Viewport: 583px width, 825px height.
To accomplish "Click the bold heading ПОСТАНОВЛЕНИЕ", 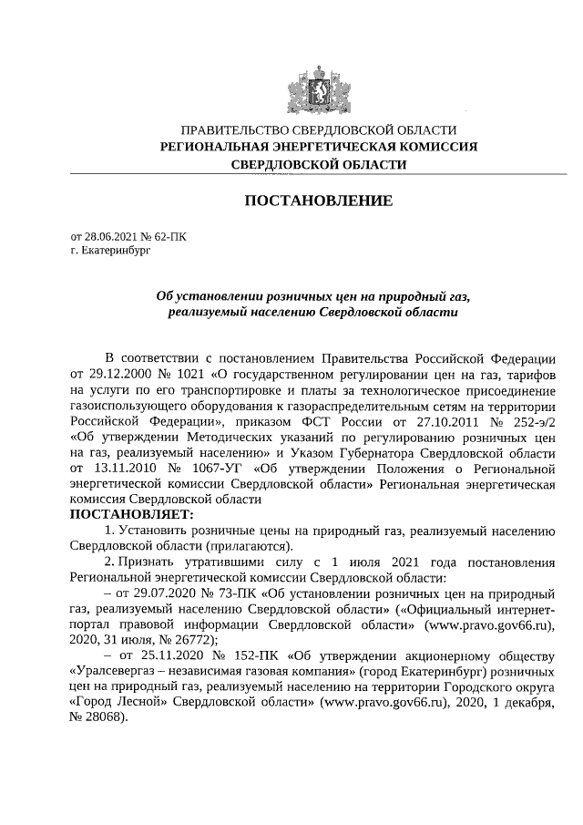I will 318,200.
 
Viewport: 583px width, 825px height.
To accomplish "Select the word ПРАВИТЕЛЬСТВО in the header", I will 234,130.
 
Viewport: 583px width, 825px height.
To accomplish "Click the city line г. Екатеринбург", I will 109,249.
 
